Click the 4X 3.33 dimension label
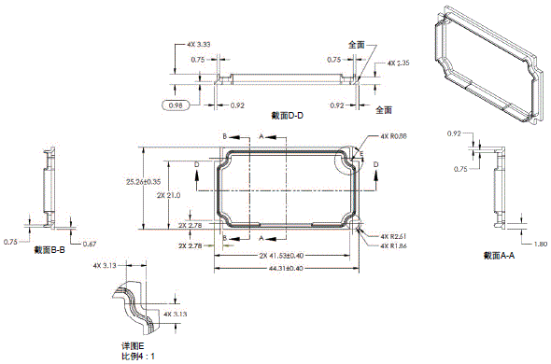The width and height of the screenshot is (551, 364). tap(198, 44)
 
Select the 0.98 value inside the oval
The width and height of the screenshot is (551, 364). tap(174, 105)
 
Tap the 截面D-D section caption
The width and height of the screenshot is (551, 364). tap(289, 115)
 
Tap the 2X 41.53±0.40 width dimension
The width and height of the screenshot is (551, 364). tap(283, 255)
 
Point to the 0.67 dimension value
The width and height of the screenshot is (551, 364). tap(90, 244)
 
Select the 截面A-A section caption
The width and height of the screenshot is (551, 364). tap(500, 255)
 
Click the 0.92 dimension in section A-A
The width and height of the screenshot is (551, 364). tap(455, 133)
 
